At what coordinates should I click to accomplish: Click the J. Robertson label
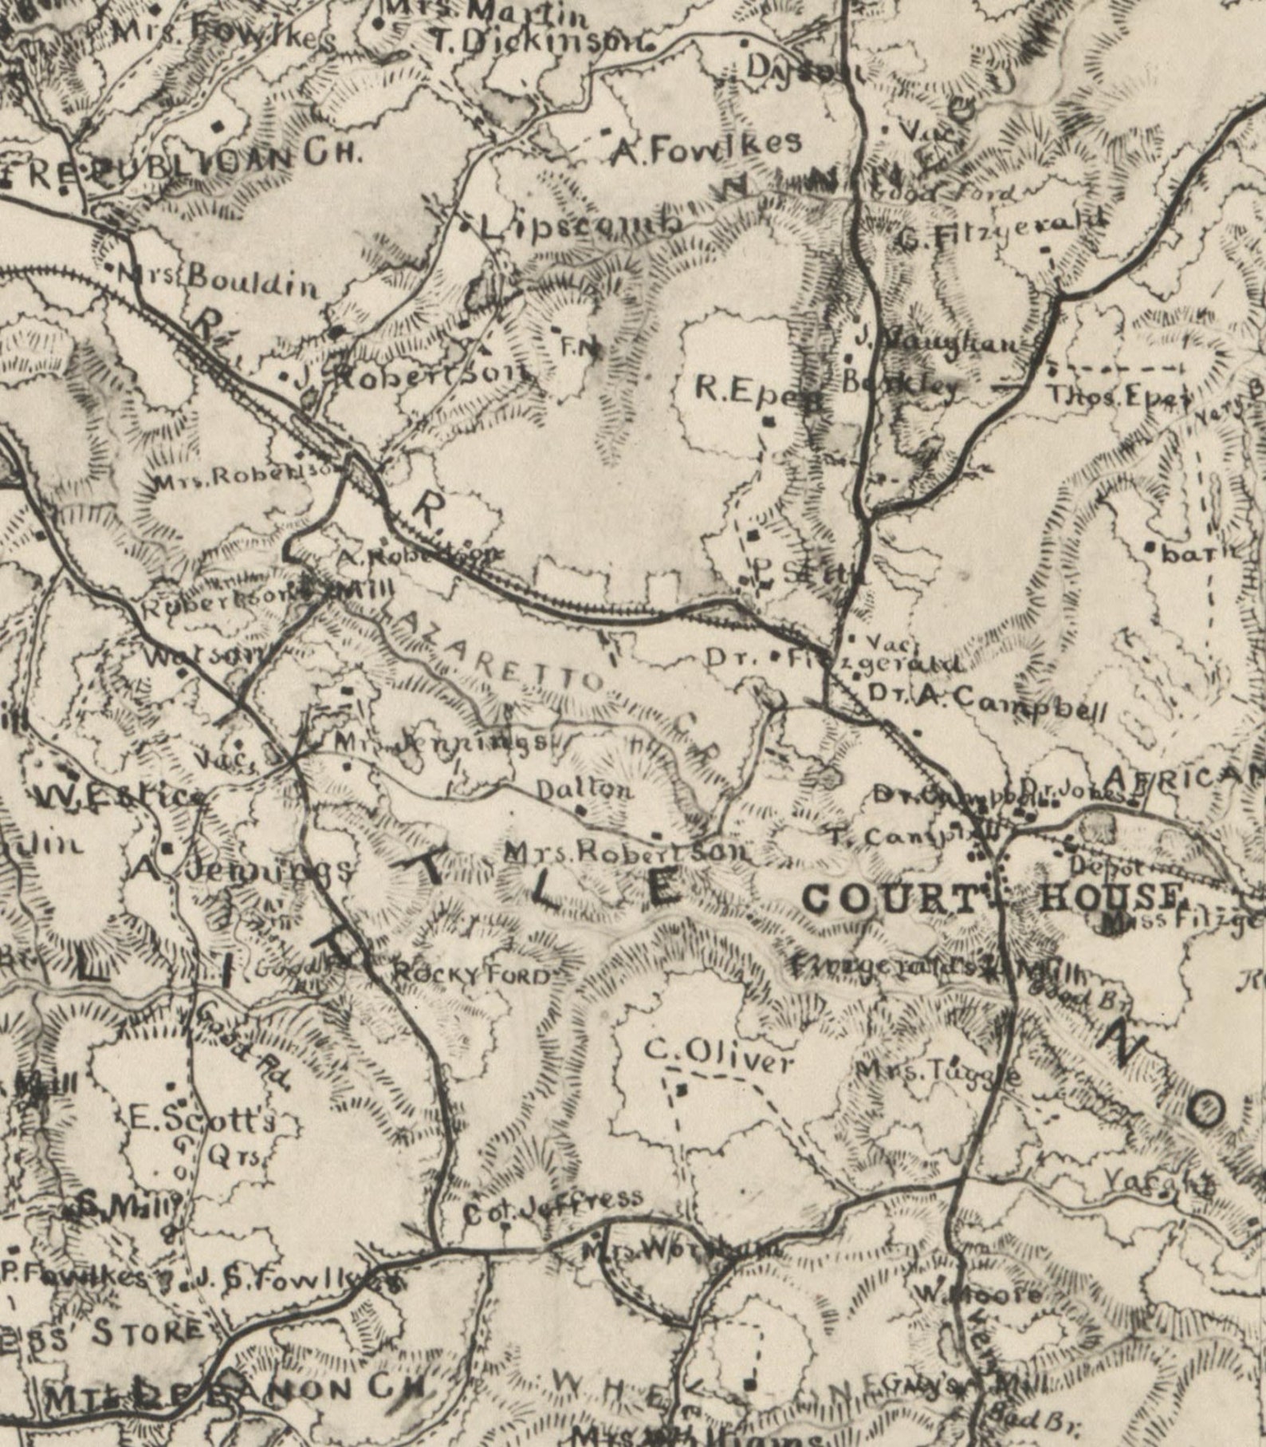click(411, 376)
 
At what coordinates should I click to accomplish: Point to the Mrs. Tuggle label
click(937, 1073)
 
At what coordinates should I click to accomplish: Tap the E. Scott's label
click(202, 1120)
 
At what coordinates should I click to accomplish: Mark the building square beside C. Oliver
click(681, 1088)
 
